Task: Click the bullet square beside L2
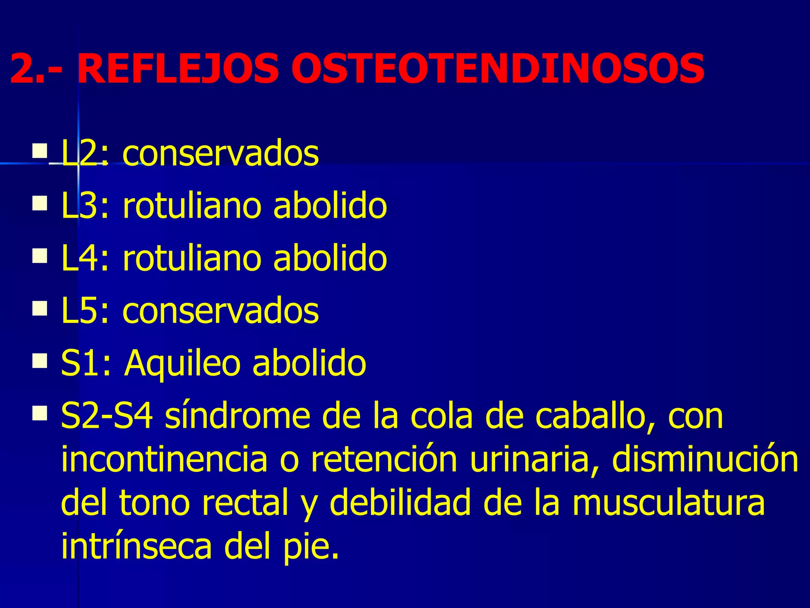tap(40, 150)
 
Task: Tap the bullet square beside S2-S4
tap(40, 413)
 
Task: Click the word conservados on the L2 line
tap(220, 154)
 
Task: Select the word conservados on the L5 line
tap(220, 311)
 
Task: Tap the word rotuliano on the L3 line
tap(191, 206)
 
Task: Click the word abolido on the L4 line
tap(330, 258)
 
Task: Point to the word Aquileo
tap(182, 363)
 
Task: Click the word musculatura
tap(668, 503)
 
